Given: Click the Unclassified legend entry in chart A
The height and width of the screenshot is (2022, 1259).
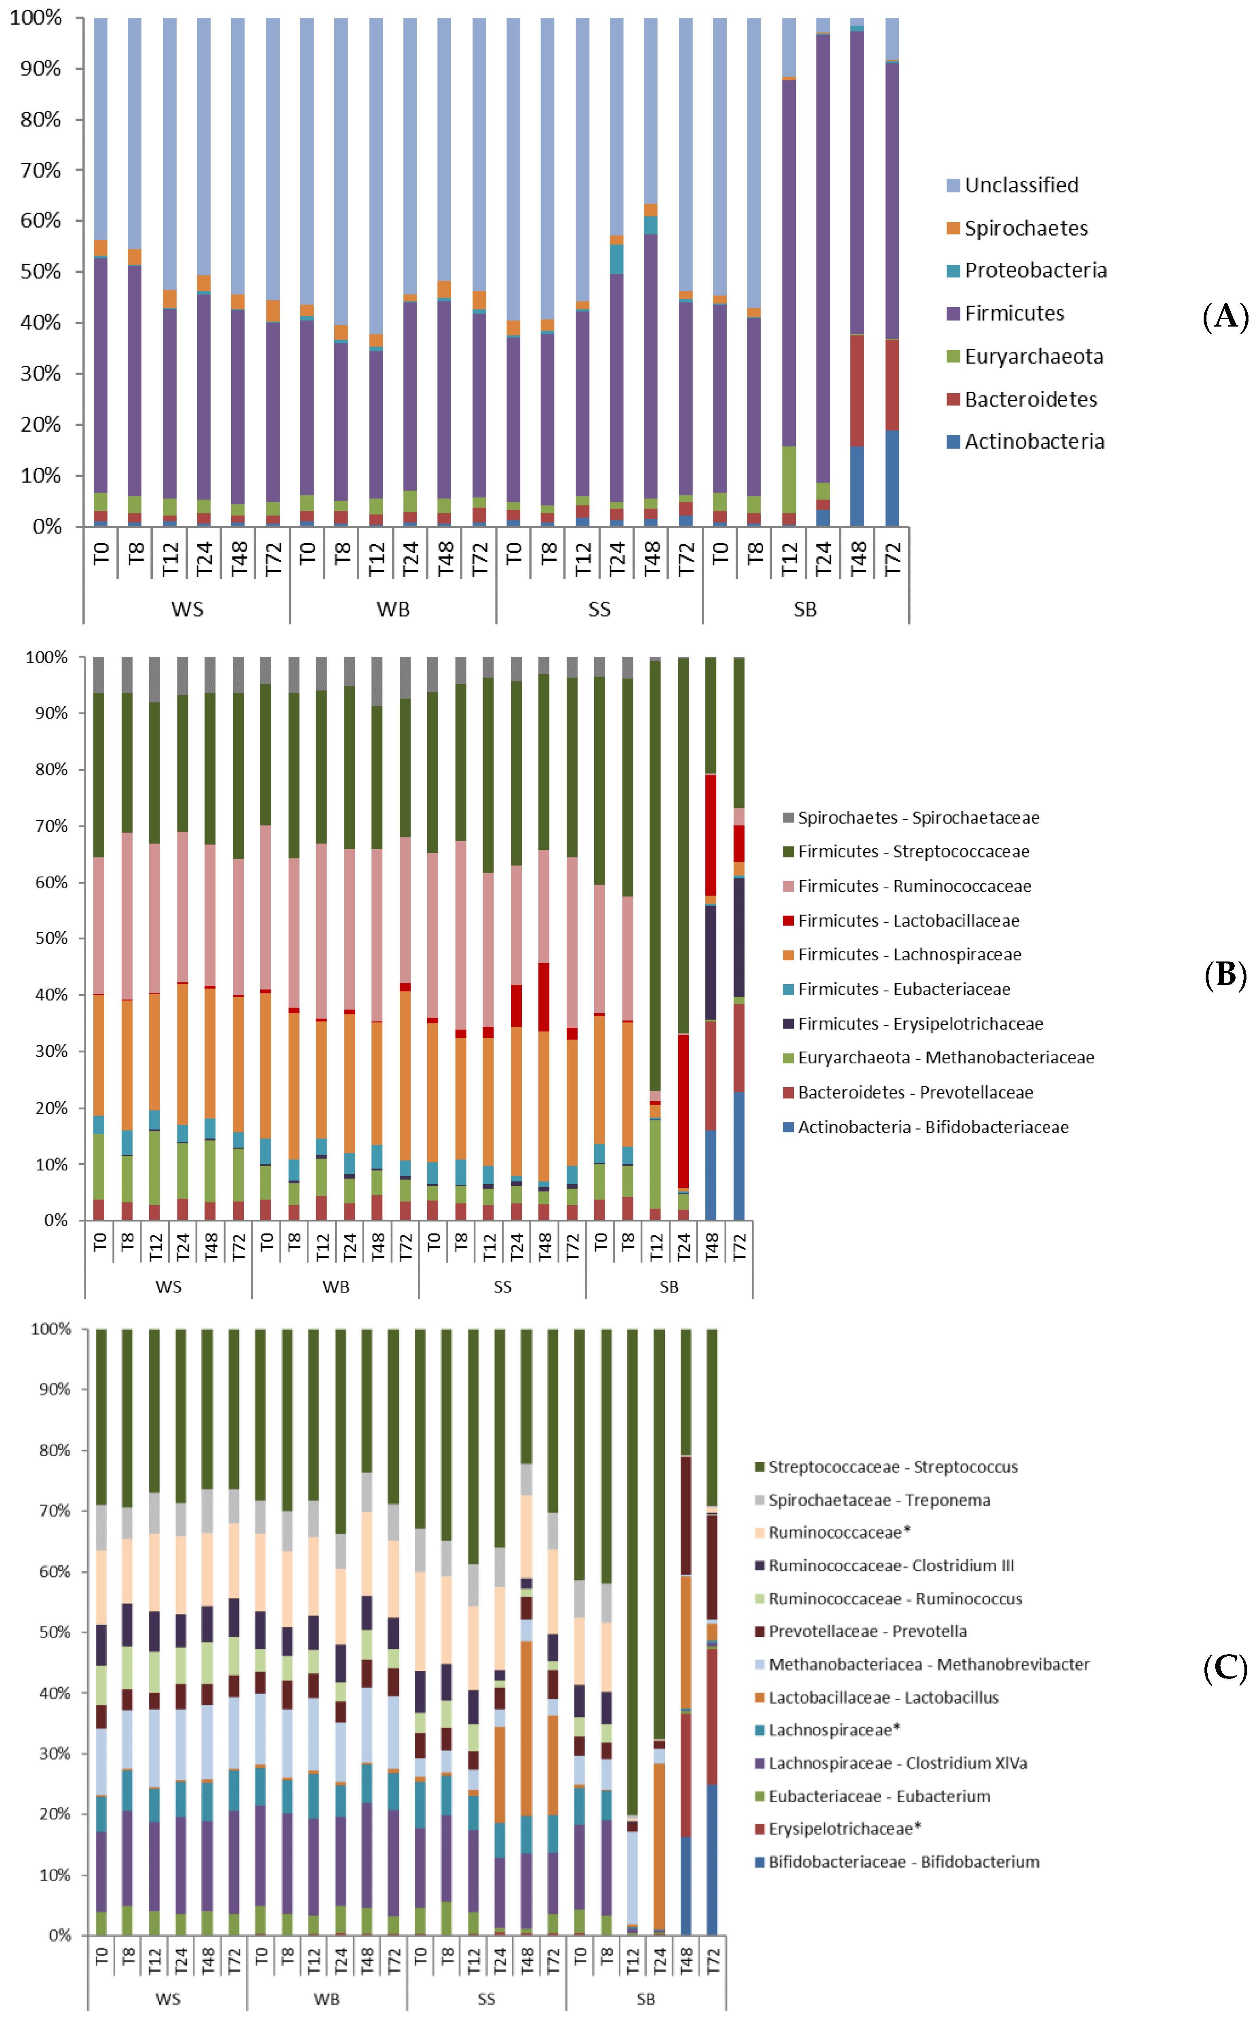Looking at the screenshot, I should click(x=1021, y=185).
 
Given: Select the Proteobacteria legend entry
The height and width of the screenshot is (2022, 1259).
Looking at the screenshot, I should click(x=1035, y=270).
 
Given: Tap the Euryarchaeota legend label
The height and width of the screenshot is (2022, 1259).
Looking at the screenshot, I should click(x=1033, y=356).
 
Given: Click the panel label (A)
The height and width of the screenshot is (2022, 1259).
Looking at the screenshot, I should click(x=1225, y=317).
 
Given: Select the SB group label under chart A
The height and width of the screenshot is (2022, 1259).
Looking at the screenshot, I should click(x=805, y=609).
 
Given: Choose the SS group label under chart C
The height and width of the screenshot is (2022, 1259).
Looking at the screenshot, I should click(x=486, y=1999).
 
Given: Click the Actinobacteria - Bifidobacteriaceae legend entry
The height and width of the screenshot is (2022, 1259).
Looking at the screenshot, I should click(x=932, y=1127).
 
